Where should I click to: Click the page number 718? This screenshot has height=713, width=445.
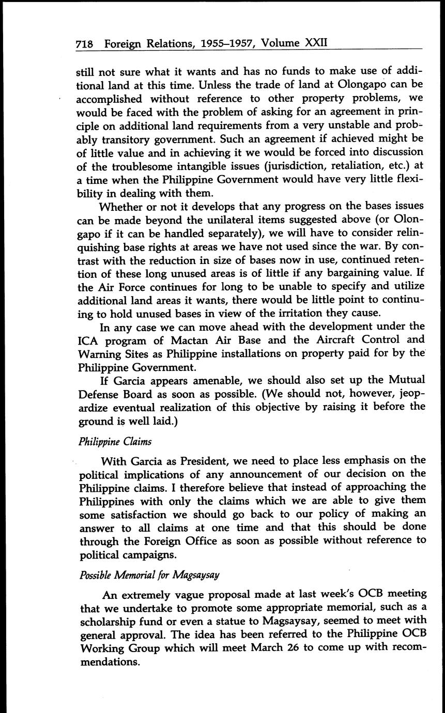84,44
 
